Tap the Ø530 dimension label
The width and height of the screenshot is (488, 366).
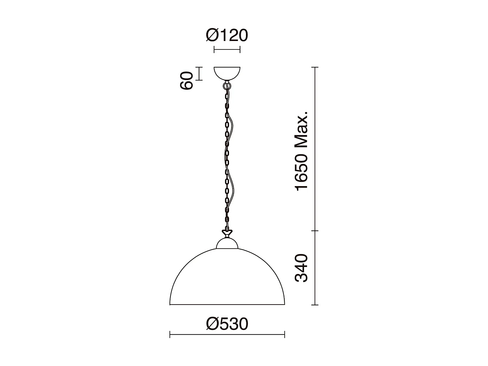pyautogui.click(x=227, y=324)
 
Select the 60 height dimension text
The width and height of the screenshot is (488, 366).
pyautogui.click(x=187, y=81)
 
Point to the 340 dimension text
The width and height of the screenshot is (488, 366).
pyautogui.click(x=301, y=268)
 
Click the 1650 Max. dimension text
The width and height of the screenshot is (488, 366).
pyautogui.click(x=301, y=151)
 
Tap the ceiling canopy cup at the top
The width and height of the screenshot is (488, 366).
pyautogui.click(x=227, y=73)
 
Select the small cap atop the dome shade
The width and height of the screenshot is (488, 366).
pyautogui.click(x=227, y=244)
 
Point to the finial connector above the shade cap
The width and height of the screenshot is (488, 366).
pyautogui.click(x=227, y=233)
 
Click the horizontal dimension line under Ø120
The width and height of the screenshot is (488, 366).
pyautogui.click(x=227, y=49)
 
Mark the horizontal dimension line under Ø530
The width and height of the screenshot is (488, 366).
pyautogui.click(x=227, y=334)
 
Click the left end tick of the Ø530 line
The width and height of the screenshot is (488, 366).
pyautogui.click(x=170, y=334)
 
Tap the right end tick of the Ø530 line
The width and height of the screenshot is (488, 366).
pyautogui.click(x=285, y=334)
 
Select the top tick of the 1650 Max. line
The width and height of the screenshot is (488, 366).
pyautogui.click(x=315, y=67)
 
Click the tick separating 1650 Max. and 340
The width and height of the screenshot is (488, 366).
pyautogui.click(x=315, y=231)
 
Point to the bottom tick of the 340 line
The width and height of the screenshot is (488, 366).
pyautogui.click(x=315, y=305)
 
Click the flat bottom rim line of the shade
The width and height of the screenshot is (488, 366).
pyautogui.click(x=227, y=305)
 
